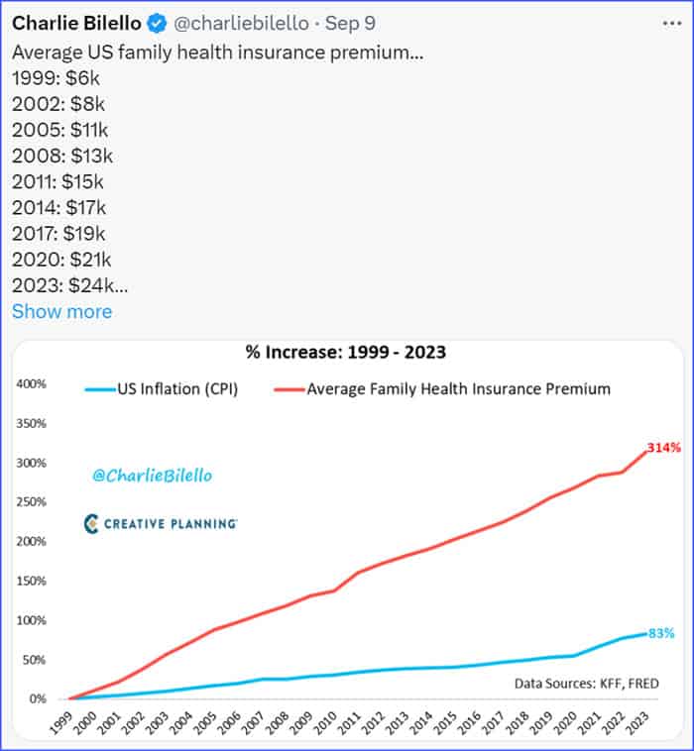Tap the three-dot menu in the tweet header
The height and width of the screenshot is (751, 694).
tap(671, 23)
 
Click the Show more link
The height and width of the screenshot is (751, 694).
tap(61, 311)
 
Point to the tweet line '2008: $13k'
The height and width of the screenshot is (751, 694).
tap(62, 155)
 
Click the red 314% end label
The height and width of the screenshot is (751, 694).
tap(663, 448)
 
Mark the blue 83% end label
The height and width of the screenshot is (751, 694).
tap(661, 633)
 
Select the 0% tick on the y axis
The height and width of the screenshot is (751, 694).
tap(37, 698)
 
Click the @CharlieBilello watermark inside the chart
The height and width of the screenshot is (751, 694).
tap(152, 477)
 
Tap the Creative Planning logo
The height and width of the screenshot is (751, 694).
tap(160, 523)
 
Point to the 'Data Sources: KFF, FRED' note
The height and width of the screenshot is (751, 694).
tap(586, 683)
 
